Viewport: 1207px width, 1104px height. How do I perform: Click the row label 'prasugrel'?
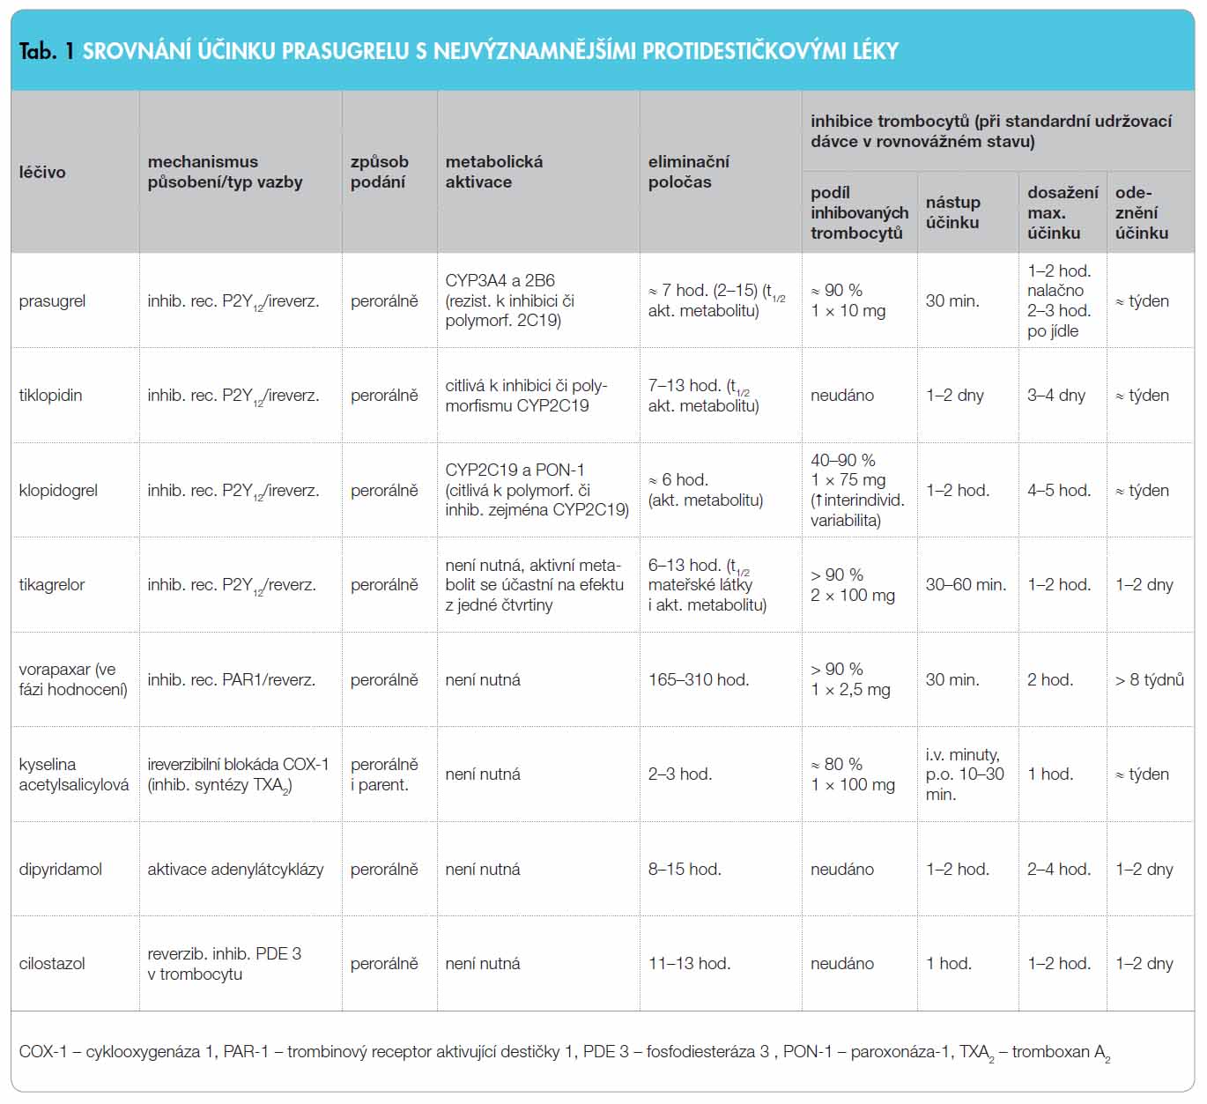52,301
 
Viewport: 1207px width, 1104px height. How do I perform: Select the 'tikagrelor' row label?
52,584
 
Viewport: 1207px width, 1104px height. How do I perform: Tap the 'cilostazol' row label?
52,963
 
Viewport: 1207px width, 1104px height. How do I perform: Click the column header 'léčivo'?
42,172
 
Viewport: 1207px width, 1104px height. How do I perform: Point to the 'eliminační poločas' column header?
688,172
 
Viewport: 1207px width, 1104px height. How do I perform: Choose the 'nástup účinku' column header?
953,212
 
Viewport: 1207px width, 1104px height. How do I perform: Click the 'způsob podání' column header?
379,172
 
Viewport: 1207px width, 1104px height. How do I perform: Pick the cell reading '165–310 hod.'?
699,679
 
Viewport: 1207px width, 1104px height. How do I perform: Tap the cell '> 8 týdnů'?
1149,679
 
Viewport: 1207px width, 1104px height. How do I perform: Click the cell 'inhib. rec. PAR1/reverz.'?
232,679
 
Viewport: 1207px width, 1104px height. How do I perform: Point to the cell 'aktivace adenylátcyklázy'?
235,870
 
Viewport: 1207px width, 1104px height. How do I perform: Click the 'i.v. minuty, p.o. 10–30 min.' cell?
965,774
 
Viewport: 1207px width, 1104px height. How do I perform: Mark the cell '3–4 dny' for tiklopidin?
1056,396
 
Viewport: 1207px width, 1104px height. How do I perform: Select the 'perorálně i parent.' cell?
384,774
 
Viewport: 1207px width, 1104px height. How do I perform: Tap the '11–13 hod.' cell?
690,963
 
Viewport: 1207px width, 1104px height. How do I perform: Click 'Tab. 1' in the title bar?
47,51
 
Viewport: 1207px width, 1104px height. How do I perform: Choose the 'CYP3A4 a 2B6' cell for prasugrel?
500,280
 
